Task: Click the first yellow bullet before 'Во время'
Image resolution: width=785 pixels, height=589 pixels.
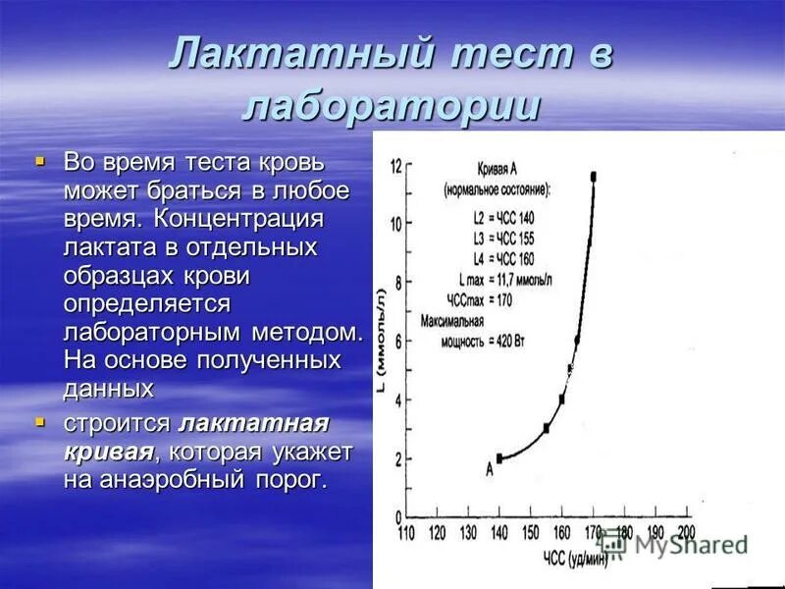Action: tap(40, 157)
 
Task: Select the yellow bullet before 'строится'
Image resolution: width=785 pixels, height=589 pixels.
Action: tap(40, 422)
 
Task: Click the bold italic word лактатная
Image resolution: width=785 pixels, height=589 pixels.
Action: tap(253, 424)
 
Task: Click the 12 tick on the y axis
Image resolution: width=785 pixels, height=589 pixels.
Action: tap(396, 166)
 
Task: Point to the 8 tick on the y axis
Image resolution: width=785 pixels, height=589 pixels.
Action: tap(396, 283)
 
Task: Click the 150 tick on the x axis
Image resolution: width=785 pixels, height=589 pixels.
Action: tap(530, 532)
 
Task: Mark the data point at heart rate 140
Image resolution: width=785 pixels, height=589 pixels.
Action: tap(499, 457)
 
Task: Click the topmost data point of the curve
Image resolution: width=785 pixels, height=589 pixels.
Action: tap(594, 177)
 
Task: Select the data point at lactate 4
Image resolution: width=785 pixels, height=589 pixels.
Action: tap(562, 399)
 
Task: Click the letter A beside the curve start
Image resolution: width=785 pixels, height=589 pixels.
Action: tap(488, 469)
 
